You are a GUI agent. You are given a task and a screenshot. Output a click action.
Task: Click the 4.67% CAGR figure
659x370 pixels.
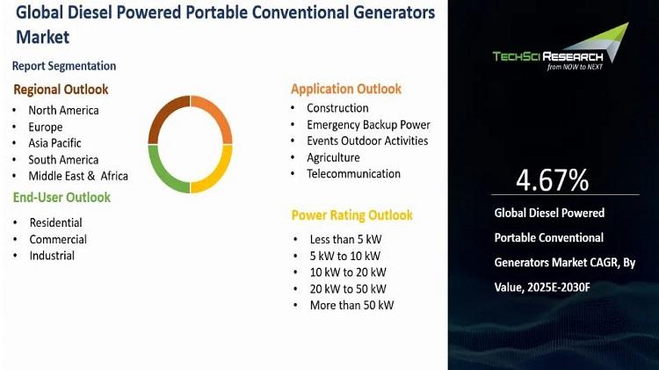coord(553,180)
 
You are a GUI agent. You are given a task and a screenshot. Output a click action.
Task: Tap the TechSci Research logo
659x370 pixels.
coord(561,47)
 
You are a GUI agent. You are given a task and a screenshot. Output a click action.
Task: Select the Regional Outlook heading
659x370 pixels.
coord(61,90)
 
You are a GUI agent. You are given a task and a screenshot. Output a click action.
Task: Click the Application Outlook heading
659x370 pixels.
coord(346,89)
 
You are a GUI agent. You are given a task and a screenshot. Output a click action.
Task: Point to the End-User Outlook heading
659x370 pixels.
coord(62,197)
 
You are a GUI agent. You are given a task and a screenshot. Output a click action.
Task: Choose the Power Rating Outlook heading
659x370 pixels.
coord(351,215)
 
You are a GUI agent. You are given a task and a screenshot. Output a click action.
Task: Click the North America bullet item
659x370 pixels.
coord(63,110)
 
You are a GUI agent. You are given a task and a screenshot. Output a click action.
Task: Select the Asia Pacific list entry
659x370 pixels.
coord(54,143)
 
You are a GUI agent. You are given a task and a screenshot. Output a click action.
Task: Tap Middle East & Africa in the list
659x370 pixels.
coord(78,176)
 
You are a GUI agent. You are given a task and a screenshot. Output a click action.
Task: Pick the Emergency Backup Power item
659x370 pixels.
coord(368,125)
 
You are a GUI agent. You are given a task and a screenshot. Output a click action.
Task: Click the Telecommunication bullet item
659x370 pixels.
coord(353,174)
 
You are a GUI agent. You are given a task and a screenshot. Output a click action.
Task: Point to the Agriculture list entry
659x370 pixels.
coord(333,157)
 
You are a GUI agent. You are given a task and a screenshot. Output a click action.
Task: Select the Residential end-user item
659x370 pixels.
coord(56,223)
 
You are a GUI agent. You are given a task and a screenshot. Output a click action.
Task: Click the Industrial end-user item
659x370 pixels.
coord(52,256)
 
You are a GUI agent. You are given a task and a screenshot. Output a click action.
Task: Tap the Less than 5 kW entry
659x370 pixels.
coord(345,239)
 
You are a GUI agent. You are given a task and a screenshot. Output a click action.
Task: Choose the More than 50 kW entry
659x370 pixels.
coord(351,305)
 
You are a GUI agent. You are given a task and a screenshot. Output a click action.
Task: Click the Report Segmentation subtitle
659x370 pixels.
coord(64,66)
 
